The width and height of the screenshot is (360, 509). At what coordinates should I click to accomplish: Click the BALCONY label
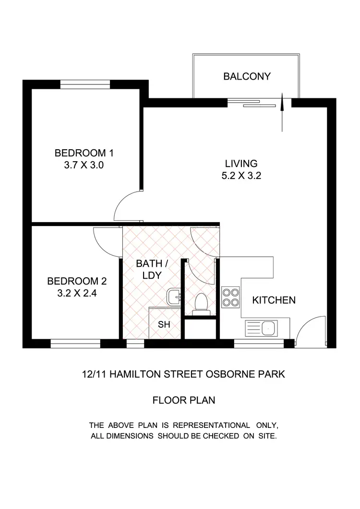[x=247, y=76]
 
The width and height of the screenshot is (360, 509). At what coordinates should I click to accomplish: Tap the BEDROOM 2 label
[x=77, y=281]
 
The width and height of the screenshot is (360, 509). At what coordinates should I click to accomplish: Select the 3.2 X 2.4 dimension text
[x=77, y=294]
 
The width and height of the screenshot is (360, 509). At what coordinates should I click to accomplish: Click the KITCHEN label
[x=274, y=300]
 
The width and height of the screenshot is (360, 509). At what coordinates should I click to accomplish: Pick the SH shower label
[x=164, y=325]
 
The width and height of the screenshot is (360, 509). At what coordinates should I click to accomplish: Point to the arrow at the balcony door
[x=282, y=112]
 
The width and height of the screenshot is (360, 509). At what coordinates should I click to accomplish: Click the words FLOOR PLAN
[x=183, y=400]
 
